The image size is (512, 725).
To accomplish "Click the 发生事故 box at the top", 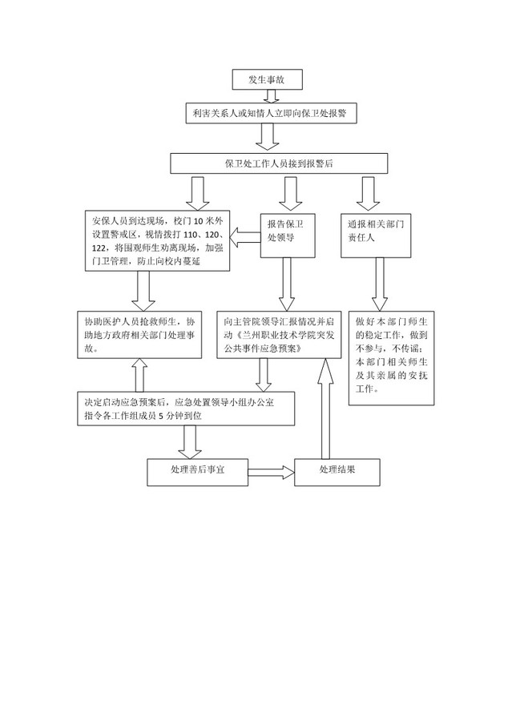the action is (268, 79).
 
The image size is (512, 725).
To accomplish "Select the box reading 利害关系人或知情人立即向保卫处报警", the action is (272, 113).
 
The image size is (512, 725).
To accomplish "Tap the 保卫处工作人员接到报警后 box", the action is (279, 163).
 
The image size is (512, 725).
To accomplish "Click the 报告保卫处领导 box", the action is (288, 236).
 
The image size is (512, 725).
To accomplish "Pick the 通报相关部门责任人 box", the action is (376, 236).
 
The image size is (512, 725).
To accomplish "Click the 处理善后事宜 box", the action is (197, 472).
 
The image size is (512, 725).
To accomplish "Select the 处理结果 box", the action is (337, 472).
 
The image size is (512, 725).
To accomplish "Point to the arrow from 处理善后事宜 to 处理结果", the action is (272, 473).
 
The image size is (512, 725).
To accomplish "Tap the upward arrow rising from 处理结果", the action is (325, 409).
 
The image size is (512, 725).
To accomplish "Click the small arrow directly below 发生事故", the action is (271, 96).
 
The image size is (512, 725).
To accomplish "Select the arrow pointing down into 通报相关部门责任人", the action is (368, 193).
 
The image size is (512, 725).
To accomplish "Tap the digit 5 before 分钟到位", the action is (161, 416).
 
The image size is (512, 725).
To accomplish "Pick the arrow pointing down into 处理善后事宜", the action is (190, 442).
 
